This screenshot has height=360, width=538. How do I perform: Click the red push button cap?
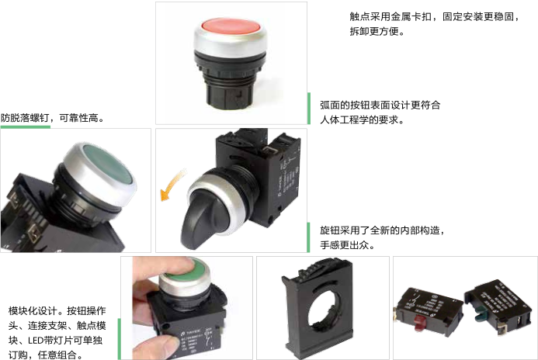pyautogui.click(x=231, y=26)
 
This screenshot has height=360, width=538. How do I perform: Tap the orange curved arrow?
pyautogui.click(x=172, y=185)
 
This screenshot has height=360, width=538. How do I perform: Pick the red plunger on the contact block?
pyautogui.click(x=419, y=322)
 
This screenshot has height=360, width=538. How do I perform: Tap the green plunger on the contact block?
pyautogui.click(x=481, y=314)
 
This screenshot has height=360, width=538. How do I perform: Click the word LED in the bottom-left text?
pyautogui.click(x=35, y=341)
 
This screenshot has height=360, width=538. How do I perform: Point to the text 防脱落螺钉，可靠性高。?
pyautogui.click(x=52, y=118)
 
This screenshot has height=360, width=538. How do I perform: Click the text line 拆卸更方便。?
pyautogui.click(x=377, y=31)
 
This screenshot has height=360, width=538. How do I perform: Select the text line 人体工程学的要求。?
pyautogui.click(x=362, y=119)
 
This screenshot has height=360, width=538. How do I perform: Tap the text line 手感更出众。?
pyautogui.click(x=347, y=245)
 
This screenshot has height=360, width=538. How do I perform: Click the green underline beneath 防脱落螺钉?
pyautogui.click(x=26, y=127)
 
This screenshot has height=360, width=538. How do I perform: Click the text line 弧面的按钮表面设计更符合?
pyautogui.click(x=380, y=105)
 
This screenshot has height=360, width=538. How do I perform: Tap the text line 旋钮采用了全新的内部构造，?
pyautogui.click(x=382, y=230)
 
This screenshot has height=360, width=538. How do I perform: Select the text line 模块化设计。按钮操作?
pyautogui.click(x=57, y=311)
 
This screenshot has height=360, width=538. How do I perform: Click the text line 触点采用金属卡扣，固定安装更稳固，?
pyautogui.click(x=435, y=16)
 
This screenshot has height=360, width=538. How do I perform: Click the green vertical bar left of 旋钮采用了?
pyautogui.click(x=308, y=237)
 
